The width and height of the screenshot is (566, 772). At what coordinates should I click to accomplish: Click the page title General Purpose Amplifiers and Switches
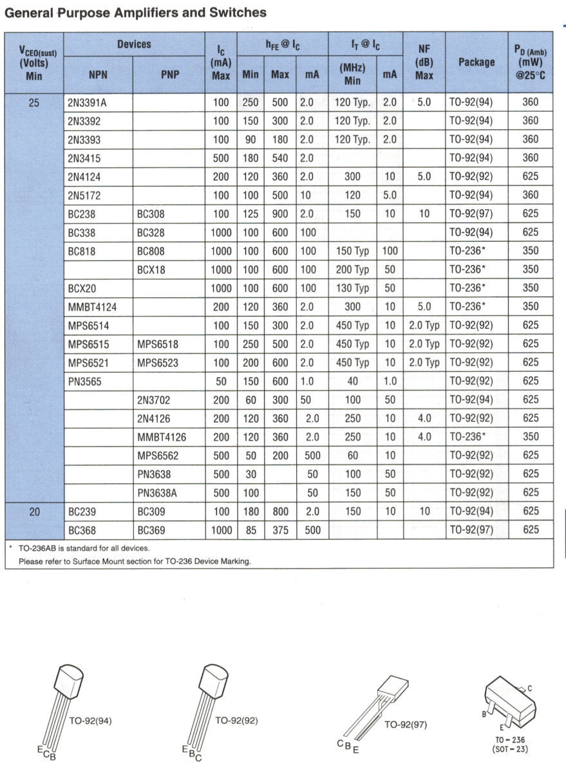135,12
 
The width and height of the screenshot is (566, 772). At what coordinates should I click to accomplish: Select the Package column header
476,62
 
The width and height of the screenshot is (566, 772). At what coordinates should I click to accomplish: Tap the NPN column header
98,75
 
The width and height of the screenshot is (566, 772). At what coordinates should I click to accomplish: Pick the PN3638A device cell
157,493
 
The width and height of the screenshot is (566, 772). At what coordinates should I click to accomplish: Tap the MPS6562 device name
158,456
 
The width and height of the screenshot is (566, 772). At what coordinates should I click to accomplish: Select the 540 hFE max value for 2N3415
279,158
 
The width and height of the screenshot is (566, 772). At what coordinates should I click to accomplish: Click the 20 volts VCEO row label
34,512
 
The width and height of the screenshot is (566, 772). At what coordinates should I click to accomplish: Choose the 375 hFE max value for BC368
279,531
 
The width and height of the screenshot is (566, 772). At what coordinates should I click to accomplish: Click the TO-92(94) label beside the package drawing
90,721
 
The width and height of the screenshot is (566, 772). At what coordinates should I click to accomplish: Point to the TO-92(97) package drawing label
406,724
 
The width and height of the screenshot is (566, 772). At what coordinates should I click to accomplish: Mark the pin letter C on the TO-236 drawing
529,688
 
